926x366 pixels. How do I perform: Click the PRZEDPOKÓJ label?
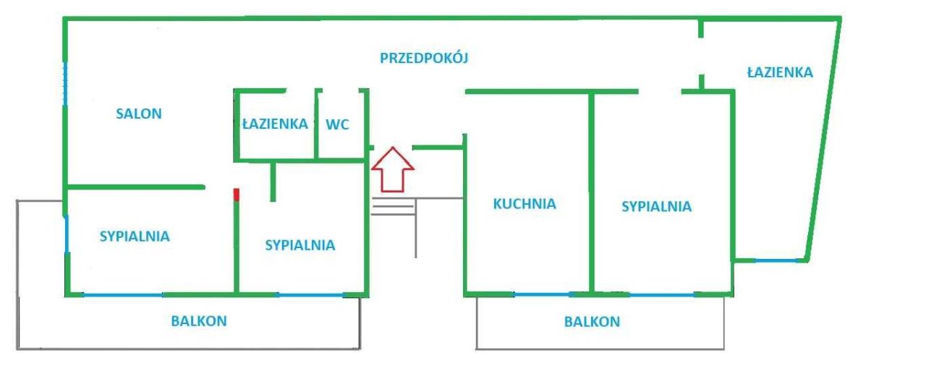(424, 59)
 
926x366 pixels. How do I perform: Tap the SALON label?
(139, 114)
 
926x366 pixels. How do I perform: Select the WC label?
(338, 124)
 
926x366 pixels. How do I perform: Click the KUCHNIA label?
(524, 204)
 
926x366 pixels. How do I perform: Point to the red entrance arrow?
(392, 169)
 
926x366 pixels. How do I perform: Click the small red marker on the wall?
(237, 194)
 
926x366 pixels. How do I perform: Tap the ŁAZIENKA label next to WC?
(274, 124)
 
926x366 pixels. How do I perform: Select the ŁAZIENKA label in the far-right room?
(780, 72)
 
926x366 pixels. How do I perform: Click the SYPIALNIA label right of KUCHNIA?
(656, 207)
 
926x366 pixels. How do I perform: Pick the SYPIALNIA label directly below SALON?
(135, 236)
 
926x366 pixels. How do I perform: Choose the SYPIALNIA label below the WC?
(300, 245)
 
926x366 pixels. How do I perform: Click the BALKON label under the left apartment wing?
(199, 321)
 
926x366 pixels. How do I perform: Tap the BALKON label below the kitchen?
(592, 322)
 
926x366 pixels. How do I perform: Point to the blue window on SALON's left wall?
(65, 84)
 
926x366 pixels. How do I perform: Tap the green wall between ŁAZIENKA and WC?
(317, 124)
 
